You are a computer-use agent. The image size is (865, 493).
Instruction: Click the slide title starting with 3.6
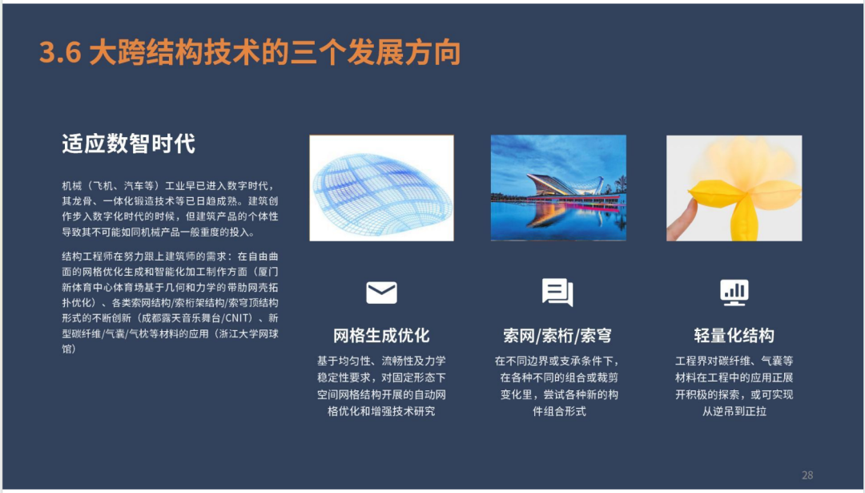(250, 52)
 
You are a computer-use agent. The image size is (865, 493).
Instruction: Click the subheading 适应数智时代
(128, 144)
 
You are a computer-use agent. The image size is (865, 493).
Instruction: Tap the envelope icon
(381, 293)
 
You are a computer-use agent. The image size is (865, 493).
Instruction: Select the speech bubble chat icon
(557, 292)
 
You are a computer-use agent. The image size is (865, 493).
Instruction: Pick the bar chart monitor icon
(734, 293)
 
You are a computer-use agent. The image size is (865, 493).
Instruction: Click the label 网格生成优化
(381, 335)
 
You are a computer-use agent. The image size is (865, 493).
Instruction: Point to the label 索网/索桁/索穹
(557, 335)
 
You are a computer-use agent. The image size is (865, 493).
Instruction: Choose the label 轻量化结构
(734, 335)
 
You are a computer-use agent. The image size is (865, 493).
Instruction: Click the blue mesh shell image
(382, 188)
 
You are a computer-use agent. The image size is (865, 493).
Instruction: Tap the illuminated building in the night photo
(565, 185)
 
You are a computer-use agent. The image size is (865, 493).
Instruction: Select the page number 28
(807, 475)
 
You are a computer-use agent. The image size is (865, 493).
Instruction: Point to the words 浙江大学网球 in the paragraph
(248, 333)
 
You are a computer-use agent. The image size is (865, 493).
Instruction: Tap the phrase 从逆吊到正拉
(734, 411)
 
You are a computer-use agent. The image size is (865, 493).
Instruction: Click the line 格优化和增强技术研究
(381, 411)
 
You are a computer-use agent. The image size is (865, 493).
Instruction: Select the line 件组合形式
(559, 411)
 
